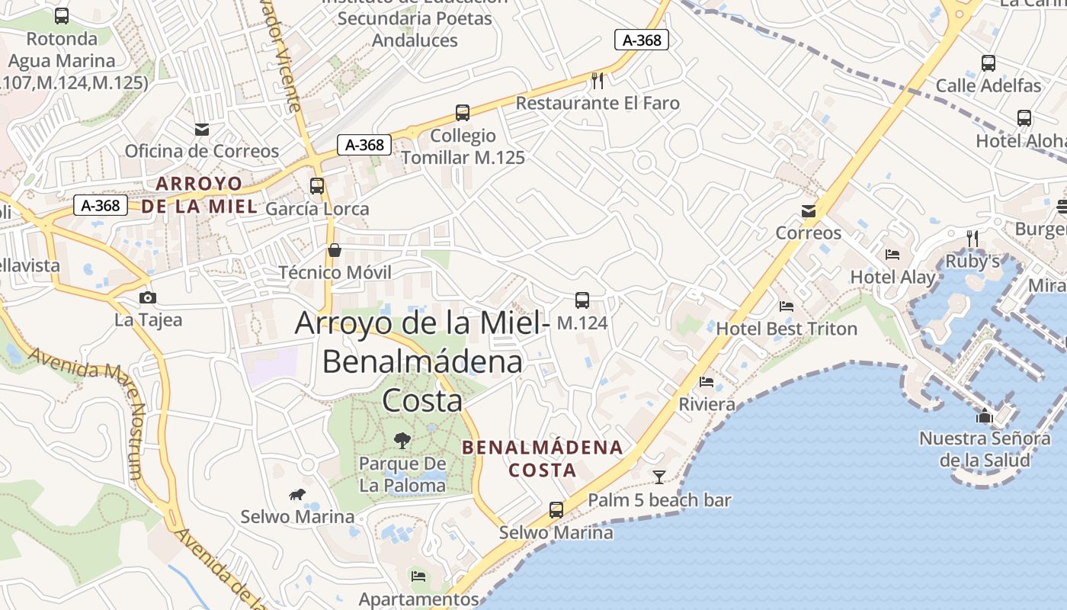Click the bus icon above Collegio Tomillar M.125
tap(463, 113)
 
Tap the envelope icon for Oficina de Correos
tap(202, 130)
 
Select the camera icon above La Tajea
tap(148, 297)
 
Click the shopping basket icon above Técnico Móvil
tap(334, 250)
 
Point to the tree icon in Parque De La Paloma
tap(402, 440)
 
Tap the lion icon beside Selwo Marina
tap(297, 495)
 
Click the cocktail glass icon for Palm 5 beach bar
tap(659, 477)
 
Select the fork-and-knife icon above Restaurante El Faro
tap(598, 80)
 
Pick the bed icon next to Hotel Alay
tap(892, 255)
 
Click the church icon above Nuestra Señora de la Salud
tap(985, 416)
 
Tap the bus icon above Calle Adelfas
tap(988, 63)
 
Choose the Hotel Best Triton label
tap(787, 329)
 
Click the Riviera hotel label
tap(707, 404)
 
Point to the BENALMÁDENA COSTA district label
tap(543, 458)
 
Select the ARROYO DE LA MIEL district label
tap(199, 194)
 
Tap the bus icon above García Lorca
tap(317, 186)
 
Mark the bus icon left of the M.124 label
tap(582, 300)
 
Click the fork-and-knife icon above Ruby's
tap(972, 239)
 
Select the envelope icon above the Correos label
tap(809, 211)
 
